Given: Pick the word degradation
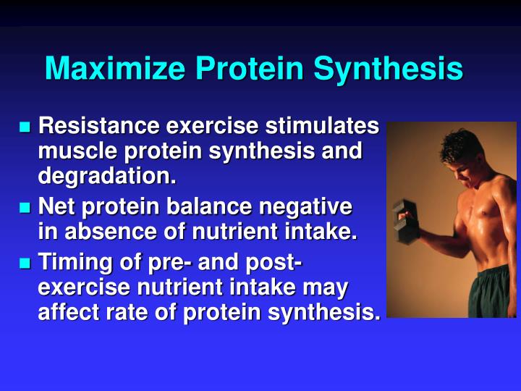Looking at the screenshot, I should pos(107,176).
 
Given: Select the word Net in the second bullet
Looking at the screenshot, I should pos(56,208).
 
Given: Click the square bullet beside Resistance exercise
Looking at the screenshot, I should pos(25,128).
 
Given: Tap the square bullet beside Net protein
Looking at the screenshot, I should pos(25,209).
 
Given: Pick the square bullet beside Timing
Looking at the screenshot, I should pos(25,264).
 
